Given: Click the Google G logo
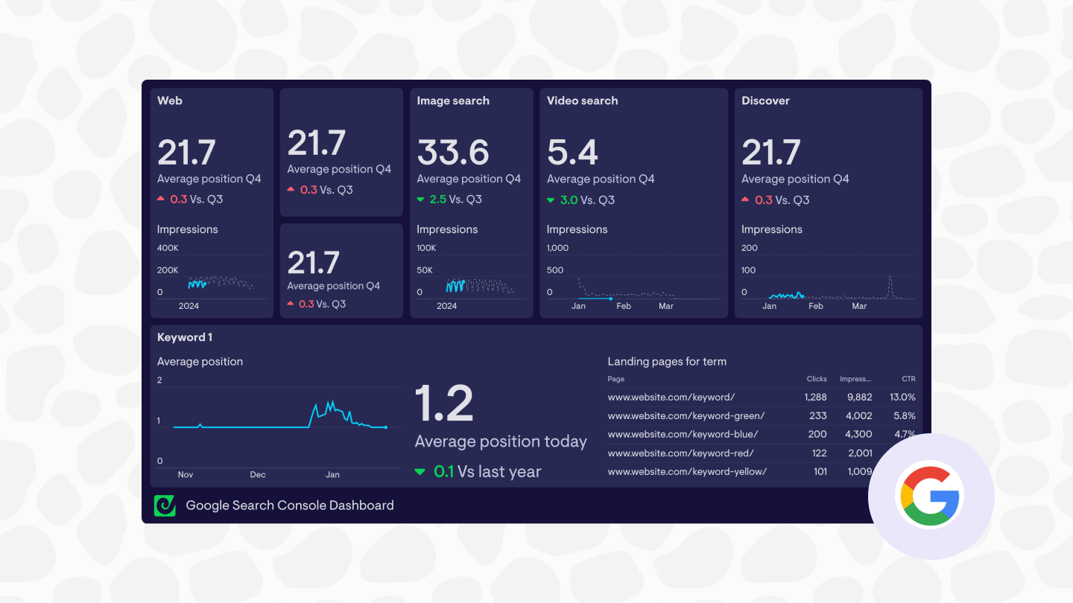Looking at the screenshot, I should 931,496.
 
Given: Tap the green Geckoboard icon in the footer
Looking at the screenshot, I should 165,505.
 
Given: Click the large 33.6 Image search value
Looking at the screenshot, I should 453,152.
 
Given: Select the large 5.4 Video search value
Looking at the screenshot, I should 572,152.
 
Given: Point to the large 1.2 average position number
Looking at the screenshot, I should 444,403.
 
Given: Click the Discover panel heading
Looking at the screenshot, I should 765,100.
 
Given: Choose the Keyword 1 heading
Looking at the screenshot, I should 185,337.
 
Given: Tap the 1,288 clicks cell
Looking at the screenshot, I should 816,398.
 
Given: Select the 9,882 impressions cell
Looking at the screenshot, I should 856,398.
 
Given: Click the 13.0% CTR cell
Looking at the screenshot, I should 902,398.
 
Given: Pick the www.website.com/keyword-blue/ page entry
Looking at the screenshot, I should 683,434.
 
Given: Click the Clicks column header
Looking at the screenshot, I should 817,379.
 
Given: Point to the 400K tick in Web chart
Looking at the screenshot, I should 168,248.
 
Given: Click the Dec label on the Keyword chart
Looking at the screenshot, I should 257,474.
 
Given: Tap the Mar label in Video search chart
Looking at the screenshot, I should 665,306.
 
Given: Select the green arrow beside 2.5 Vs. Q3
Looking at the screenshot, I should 421,200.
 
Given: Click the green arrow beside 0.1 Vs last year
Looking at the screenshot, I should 420,471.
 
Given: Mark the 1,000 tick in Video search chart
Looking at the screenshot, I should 557,248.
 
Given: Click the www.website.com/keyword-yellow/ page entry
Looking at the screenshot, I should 687,471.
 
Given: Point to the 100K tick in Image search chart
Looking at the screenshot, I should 426,248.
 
